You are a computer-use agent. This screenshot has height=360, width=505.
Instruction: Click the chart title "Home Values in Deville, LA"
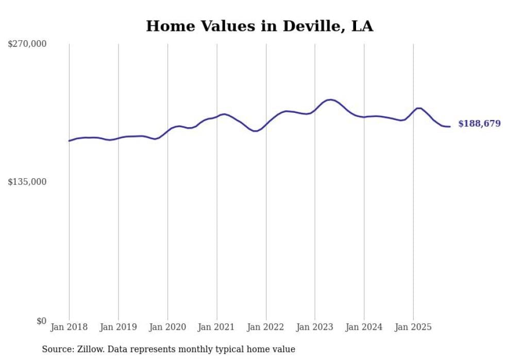[259, 26]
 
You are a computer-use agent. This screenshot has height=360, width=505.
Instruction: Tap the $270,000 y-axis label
[27, 44]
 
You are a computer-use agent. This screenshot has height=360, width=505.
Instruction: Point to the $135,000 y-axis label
[27, 182]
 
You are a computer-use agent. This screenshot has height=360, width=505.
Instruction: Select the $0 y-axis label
[41, 321]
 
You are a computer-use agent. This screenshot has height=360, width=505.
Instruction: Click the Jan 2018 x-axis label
[69, 327]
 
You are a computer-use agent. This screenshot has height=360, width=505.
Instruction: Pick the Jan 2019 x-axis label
[118, 327]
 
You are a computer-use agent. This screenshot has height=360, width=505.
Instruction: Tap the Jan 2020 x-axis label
[167, 327]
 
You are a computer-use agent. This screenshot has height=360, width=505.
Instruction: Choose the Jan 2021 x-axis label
[216, 327]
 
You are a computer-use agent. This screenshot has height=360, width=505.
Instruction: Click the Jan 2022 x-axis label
[266, 327]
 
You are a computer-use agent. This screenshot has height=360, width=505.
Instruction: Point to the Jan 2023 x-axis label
[315, 327]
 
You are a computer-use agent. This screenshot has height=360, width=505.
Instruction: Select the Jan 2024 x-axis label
[364, 327]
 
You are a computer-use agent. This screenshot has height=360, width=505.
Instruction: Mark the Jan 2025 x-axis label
[413, 327]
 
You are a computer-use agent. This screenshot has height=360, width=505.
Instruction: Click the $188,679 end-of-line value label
[479, 124]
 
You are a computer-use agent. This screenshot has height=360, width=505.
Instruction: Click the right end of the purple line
[450, 126]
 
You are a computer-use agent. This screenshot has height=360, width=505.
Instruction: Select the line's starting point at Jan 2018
[69, 141]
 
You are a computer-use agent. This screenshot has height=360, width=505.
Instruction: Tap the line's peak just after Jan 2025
[418, 108]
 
